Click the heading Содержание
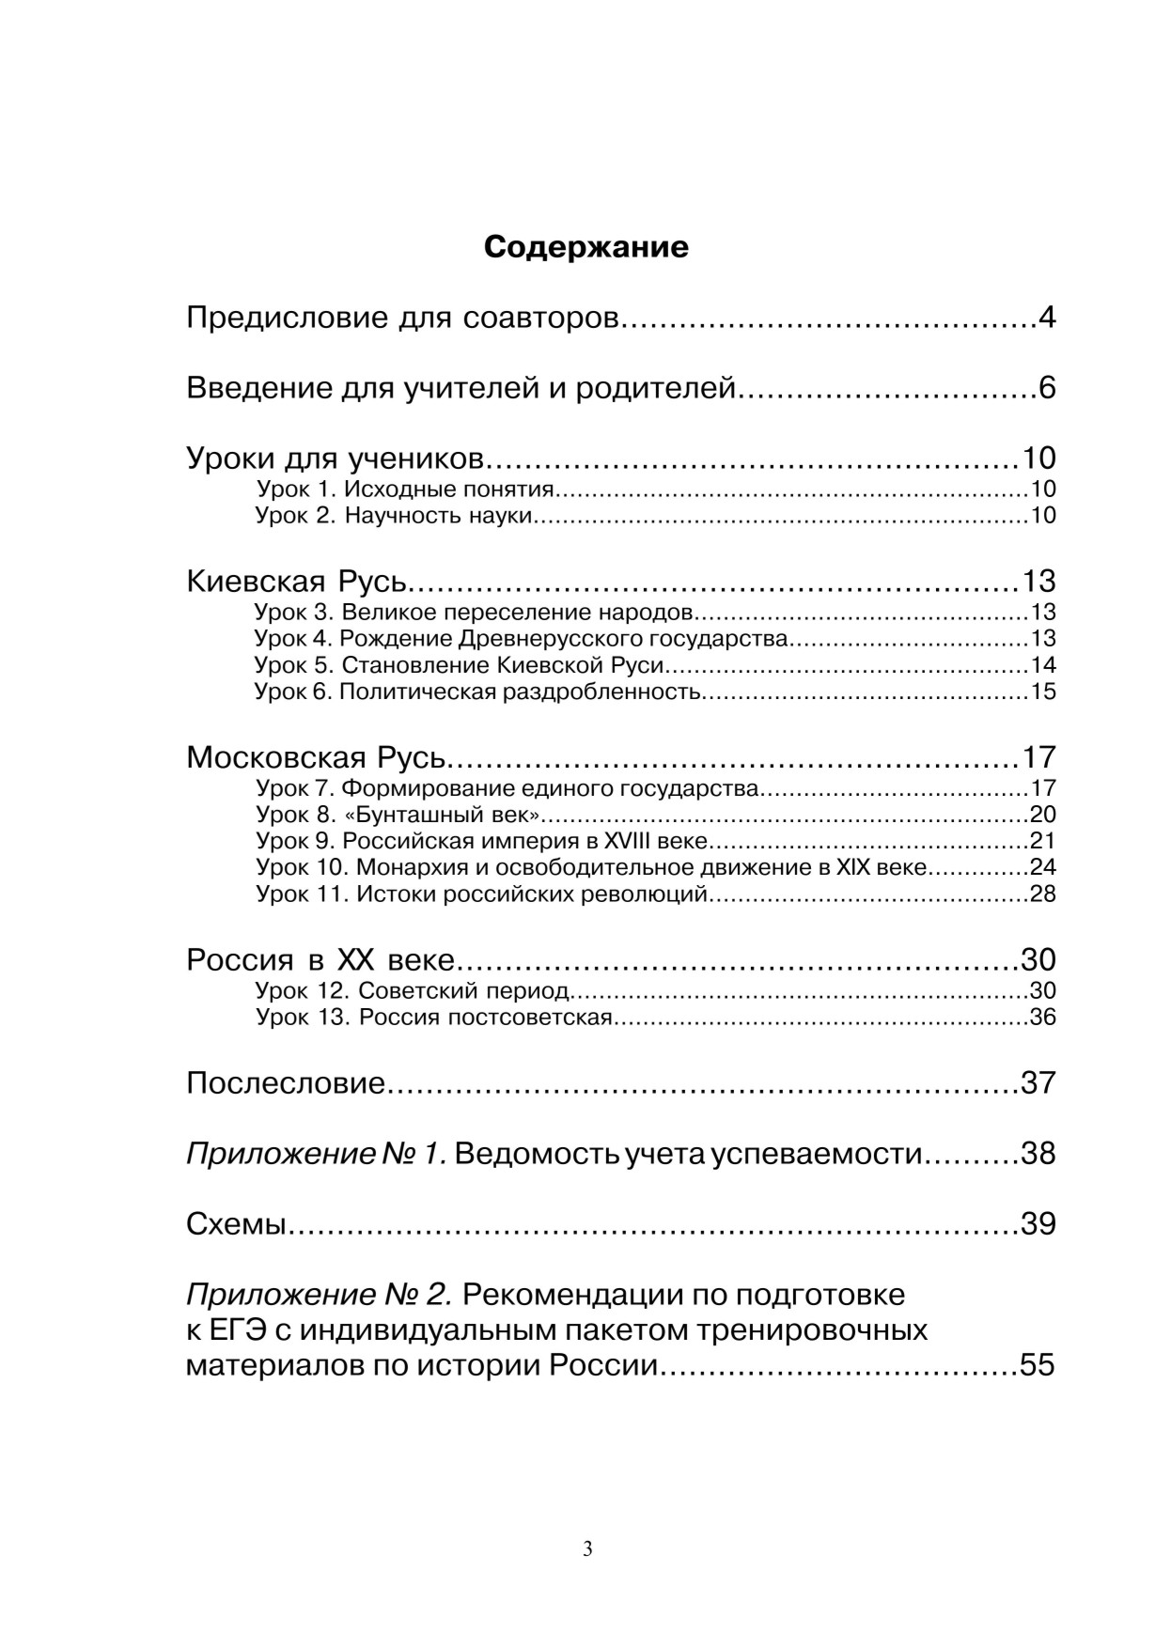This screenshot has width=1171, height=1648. [x=585, y=247]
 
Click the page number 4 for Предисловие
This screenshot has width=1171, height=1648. [x=1047, y=318]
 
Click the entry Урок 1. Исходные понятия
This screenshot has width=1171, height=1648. [x=406, y=489]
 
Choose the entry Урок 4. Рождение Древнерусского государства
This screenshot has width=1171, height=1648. [x=522, y=639]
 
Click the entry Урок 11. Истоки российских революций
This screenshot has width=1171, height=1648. [x=482, y=894]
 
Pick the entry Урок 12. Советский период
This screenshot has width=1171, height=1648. [x=413, y=990]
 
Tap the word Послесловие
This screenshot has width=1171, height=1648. [x=286, y=1083]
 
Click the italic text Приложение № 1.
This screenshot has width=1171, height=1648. [x=316, y=1153]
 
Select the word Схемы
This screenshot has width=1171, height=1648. [x=236, y=1223]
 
